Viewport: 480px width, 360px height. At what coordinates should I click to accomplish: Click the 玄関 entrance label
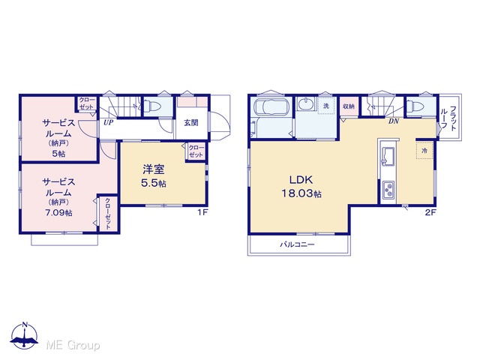pos(191,123)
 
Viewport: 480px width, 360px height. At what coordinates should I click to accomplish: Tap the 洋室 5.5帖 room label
pos(154,175)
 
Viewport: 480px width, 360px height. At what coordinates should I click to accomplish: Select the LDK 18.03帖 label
pos(301,187)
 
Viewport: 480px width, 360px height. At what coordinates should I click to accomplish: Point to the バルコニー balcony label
pos(297,244)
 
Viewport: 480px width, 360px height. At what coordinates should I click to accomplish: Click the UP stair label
pos(108,123)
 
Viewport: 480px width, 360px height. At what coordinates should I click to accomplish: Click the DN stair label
pos(394,121)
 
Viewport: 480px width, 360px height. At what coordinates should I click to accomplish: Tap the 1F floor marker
pos(202,212)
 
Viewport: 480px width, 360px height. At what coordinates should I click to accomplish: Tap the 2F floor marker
pos(430,212)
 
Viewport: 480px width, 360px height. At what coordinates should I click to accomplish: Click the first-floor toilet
pos(152,106)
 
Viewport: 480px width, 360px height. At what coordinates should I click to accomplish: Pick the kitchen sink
pos(388,156)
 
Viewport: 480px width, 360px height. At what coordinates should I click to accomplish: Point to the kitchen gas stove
pos(388,190)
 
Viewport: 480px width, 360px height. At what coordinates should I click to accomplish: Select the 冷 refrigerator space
pos(424,150)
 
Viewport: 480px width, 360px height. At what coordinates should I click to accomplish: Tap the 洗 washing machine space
pos(326,106)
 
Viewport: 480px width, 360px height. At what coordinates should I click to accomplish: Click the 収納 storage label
pos(349,106)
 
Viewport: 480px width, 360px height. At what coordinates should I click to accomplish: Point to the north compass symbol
pos(25,335)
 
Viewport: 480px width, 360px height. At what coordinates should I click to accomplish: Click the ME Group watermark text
pos(73,345)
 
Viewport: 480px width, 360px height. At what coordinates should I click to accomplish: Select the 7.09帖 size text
pos(58,212)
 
